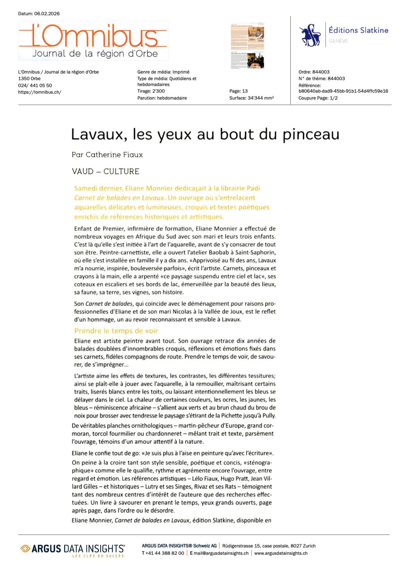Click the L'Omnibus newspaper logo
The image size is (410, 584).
[x=93, y=41]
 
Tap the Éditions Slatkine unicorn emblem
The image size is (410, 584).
[x=310, y=35]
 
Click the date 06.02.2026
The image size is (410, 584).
[x=46, y=14]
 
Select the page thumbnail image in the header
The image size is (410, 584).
[x=247, y=46]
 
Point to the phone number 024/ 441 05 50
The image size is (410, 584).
[x=35, y=85]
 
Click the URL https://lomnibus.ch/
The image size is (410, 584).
[x=40, y=92]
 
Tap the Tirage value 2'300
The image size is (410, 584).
[x=159, y=91]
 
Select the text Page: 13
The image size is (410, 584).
[x=238, y=91]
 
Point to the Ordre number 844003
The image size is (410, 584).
[x=321, y=72]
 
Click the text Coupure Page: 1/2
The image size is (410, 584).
[x=318, y=98]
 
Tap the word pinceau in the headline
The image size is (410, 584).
[x=310, y=135]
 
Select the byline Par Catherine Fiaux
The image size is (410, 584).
[x=107, y=155]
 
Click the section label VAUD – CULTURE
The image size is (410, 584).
[x=105, y=172]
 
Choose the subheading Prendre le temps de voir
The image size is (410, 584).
[x=116, y=331]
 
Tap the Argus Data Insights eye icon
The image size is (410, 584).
[x=25, y=549]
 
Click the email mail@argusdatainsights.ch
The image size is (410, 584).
[x=221, y=553]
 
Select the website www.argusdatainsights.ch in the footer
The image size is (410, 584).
[x=281, y=553]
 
